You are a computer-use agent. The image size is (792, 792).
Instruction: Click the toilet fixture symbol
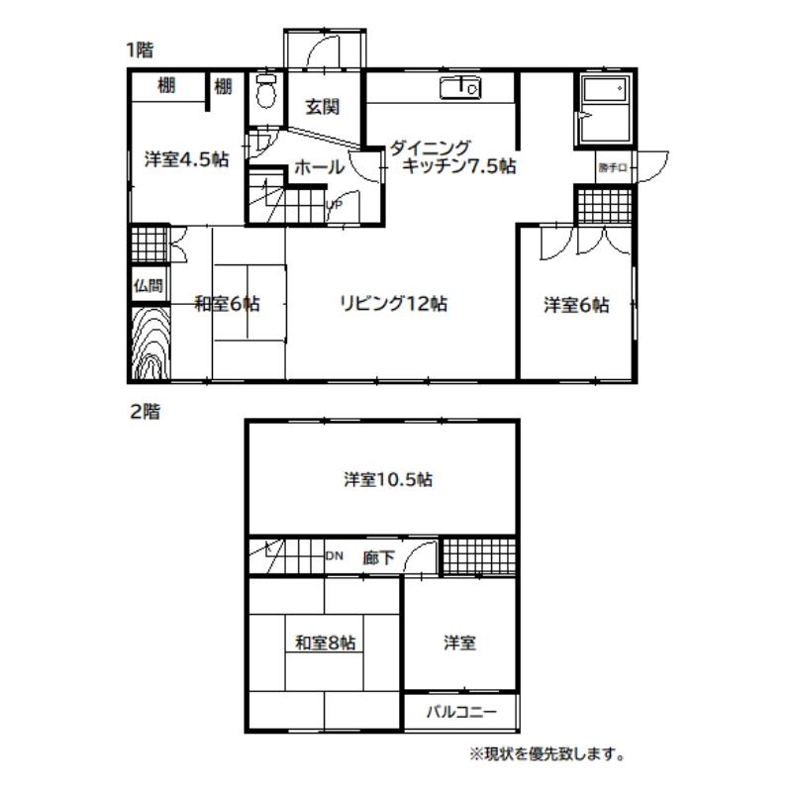coord(265,90)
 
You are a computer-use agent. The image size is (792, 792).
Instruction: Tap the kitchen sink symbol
coord(459,88)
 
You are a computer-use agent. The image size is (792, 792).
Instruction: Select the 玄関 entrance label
coord(323,107)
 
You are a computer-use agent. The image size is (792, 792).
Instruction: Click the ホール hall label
coord(319,166)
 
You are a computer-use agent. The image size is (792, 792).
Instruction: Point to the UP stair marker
coord(334,205)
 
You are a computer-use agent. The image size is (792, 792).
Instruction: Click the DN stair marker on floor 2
coord(334,555)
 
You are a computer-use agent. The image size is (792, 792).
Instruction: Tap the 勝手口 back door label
coord(612,167)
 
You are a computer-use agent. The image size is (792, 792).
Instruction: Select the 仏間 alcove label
coord(148,286)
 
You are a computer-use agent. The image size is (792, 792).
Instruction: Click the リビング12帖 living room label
coord(393,303)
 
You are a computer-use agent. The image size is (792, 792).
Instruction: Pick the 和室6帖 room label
coord(228,304)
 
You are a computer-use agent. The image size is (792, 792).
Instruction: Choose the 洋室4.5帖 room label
coord(187,159)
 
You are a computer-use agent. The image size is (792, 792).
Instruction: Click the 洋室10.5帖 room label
coord(388,479)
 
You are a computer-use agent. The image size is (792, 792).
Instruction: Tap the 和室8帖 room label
coord(326,643)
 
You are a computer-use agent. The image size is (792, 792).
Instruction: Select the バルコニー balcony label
coord(461,712)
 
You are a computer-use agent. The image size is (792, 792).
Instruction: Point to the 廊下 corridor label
coord(378,557)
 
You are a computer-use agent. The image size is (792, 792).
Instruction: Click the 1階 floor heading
coord(140,50)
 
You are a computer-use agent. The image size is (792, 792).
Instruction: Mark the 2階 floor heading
coord(145,412)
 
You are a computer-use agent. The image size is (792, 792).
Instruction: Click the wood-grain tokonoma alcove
coord(150,342)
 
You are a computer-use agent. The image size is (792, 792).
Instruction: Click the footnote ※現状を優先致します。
coord(547,754)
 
